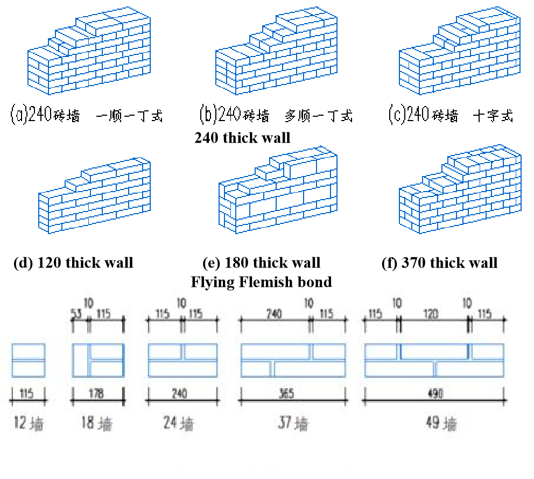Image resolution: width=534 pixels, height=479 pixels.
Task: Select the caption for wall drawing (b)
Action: pyautogui.click(x=276, y=115)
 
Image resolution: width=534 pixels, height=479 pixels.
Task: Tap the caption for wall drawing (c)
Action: pyautogui.click(x=451, y=115)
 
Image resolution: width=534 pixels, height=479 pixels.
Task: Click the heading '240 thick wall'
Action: pyautogui.click(x=242, y=138)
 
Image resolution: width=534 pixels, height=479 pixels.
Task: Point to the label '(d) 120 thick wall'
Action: pyautogui.click(x=73, y=263)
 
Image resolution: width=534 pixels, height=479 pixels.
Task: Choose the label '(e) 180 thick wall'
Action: pyautogui.click(x=262, y=263)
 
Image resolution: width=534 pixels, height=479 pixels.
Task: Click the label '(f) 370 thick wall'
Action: pyautogui.click(x=439, y=263)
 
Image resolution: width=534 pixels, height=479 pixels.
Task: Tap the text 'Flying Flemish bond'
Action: pyautogui.click(x=261, y=281)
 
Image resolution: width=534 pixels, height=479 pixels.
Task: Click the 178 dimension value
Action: pyautogui.click(x=97, y=395)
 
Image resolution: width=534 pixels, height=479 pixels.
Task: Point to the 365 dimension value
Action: pyautogui.click(x=287, y=395)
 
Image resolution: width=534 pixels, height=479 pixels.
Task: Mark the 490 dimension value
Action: pyautogui.click(x=434, y=395)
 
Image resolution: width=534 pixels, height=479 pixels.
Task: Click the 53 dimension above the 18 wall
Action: pyautogui.click(x=79, y=314)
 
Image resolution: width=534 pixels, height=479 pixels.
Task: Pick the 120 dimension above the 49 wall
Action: pyautogui.click(x=433, y=314)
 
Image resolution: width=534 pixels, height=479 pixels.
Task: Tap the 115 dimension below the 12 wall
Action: pyautogui.click(x=27, y=395)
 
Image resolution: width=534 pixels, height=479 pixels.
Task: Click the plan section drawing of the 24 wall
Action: pyautogui.click(x=182, y=360)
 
